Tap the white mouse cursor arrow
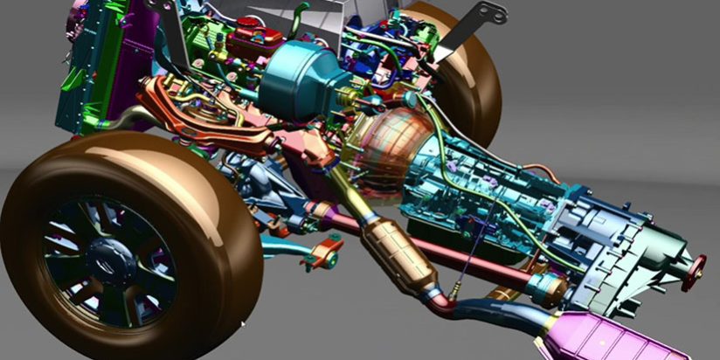pyautogui.click(x=243, y=325)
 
